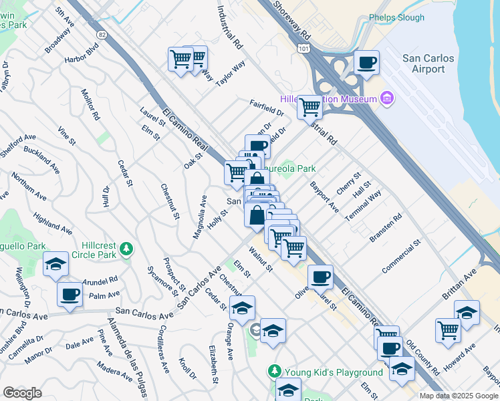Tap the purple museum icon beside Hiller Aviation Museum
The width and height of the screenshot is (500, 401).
pos(386,99)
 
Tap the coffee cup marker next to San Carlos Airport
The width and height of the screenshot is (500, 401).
pos(366,63)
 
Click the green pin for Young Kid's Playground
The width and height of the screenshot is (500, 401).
pos(273,371)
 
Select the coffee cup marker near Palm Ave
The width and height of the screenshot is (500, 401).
pos(70,294)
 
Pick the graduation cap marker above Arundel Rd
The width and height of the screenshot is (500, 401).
pos(55,265)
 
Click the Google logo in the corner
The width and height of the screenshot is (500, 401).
pos(22,393)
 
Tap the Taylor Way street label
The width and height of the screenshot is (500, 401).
pos(230,71)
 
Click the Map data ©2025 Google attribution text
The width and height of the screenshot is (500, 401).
pos(458,396)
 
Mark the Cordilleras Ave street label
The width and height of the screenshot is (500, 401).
pos(162,350)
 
